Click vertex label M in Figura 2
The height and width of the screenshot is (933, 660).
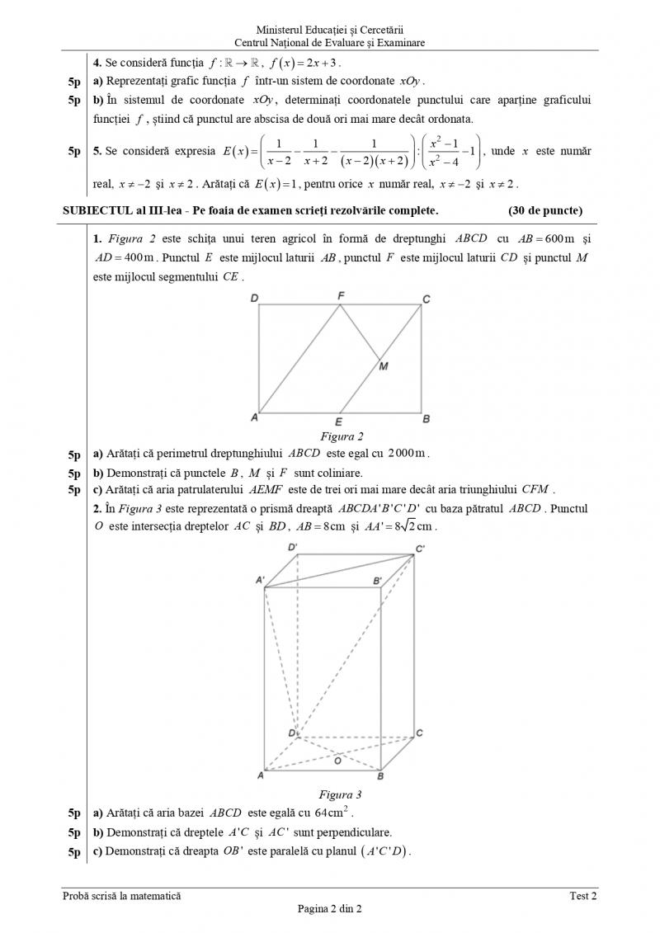(384, 367)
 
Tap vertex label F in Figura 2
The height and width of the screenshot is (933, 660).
(342, 295)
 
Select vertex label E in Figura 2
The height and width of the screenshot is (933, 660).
(339, 422)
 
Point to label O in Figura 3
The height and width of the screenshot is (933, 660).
(337, 760)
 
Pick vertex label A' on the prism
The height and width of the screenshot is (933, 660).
(260, 581)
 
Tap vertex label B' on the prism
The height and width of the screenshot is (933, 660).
(377, 581)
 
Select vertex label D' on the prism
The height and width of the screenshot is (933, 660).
(293, 548)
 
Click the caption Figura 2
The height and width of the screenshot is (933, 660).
(341, 436)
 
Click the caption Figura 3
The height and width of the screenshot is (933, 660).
(341, 795)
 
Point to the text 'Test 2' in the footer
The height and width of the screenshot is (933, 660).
(582, 896)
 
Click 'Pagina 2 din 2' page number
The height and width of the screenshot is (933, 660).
(330, 909)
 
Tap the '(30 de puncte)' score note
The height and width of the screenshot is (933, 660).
(545, 210)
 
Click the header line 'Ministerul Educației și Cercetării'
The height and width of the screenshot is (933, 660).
(330, 30)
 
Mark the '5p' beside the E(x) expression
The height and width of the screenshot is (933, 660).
(75, 152)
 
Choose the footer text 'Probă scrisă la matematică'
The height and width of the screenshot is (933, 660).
(121, 896)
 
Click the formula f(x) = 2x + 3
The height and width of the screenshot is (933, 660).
(305, 63)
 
